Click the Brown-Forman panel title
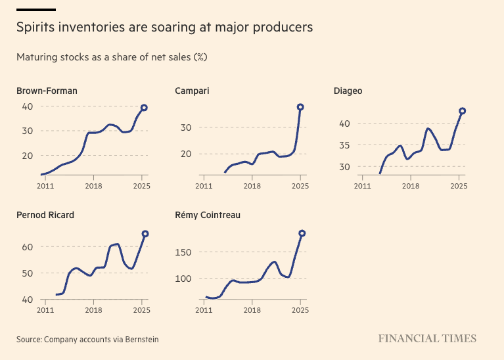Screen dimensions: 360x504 click(47, 91)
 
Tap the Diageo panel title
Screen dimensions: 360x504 click(348, 91)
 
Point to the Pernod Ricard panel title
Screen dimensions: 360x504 click(45, 215)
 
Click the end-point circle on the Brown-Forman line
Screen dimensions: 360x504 click(144, 108)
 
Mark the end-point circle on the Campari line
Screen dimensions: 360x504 click(300, 107)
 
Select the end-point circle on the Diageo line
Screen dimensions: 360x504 click(462, 111)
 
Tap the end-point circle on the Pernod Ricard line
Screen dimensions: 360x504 click(145, 234)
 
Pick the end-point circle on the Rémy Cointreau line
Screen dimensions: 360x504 click(302, 233)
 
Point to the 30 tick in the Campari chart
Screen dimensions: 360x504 click(185, 127)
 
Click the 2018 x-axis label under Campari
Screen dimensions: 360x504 click(252, 186)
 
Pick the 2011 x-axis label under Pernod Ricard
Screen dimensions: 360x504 click(45, 309)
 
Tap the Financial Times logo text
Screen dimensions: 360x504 click(427, 339)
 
